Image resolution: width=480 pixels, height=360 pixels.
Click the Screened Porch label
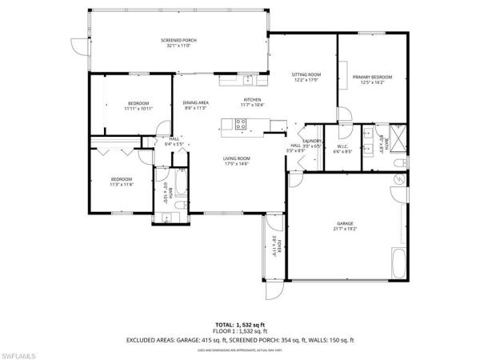pos(179,40)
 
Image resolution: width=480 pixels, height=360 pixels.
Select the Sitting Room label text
pos(305,74)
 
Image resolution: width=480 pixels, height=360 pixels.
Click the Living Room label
pos(237,158)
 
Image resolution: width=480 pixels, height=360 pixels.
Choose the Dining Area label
pos(196,102)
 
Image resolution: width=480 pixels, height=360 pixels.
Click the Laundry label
pos(311,141)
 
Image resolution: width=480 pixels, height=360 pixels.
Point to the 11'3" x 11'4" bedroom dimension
pos(122,183)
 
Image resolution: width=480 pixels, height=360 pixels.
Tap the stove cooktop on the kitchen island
pos(241,123)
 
